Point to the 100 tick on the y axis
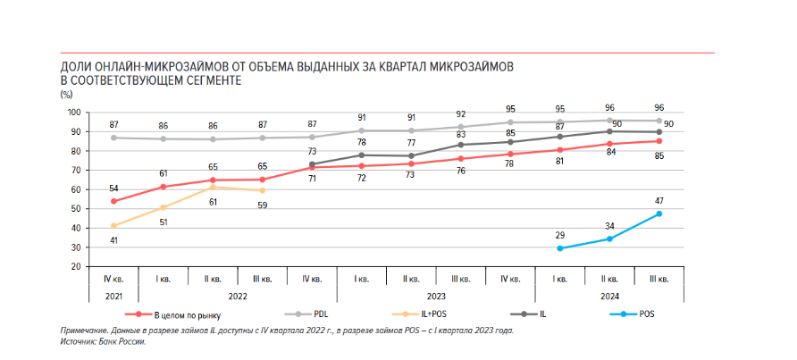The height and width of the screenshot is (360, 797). click(74, 113)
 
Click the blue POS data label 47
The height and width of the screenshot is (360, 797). click(659, 202)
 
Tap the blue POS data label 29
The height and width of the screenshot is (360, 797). click(560, 236)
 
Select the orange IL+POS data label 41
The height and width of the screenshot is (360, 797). click(113, 239)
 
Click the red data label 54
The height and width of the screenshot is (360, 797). click(113, 188)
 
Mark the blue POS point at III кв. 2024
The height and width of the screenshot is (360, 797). click(659, 214)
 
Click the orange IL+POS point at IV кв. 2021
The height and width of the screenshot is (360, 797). click(113, 226)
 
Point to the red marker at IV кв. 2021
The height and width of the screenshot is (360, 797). click(113, 201)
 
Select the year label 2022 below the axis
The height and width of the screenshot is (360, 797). click(237, 296)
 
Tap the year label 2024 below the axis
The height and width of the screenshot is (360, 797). click(609, 296)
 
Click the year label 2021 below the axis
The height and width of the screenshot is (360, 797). click(113, 296)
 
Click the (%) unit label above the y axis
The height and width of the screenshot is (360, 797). click(67, 94)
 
